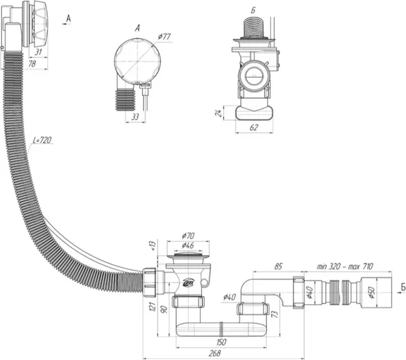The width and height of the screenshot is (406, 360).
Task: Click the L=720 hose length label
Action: coord(42,140)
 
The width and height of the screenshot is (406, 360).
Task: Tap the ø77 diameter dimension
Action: coord(164,37)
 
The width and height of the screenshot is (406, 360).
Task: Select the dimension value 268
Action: coord(215,353)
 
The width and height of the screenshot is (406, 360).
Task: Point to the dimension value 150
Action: coord(220,342)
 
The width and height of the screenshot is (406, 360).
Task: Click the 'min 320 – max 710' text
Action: coord(345,266)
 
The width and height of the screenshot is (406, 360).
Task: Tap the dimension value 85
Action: coord(278,267)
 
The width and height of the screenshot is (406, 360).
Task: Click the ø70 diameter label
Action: coord(188,236)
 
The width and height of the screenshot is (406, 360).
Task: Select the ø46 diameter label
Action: coord(188,245)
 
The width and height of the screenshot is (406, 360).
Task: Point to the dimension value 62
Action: coord(255,127)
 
